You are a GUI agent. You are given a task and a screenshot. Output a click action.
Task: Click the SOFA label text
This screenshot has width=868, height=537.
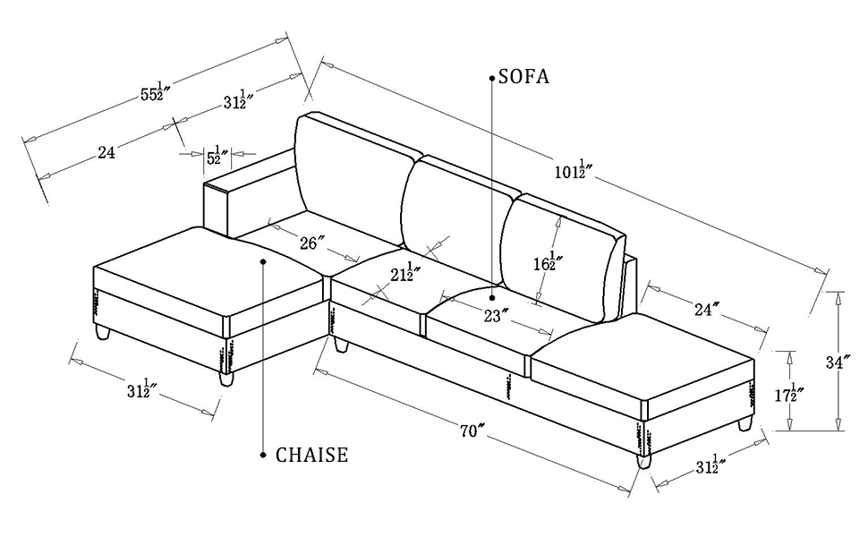pyautogui.click(x=523, y=77)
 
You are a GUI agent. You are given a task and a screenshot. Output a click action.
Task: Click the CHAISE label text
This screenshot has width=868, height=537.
pyautogui.click(x=311, y=456)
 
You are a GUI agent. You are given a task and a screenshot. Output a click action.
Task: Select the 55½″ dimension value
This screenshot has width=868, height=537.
pyautogui.click(x=155, y=92)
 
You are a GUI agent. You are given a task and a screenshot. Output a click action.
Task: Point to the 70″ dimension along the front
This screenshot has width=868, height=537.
pyautogui.click(x=472, y=431)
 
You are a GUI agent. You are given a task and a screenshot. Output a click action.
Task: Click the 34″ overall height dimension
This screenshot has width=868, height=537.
pyautogui.click(x=838, y=362)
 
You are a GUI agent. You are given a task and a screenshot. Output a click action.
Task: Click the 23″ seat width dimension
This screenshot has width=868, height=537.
pyautogui.click(x=497, y=315)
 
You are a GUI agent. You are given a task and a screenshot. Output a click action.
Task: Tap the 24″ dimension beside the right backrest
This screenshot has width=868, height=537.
pyautogui.click(x=707, y=310)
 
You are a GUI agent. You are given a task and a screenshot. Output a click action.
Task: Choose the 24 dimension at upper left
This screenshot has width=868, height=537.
pyautogui.click(x=106, y=153)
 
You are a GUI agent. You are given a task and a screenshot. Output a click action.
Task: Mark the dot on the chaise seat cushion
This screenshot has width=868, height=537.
pyautogui.click(x=263, y=261)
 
